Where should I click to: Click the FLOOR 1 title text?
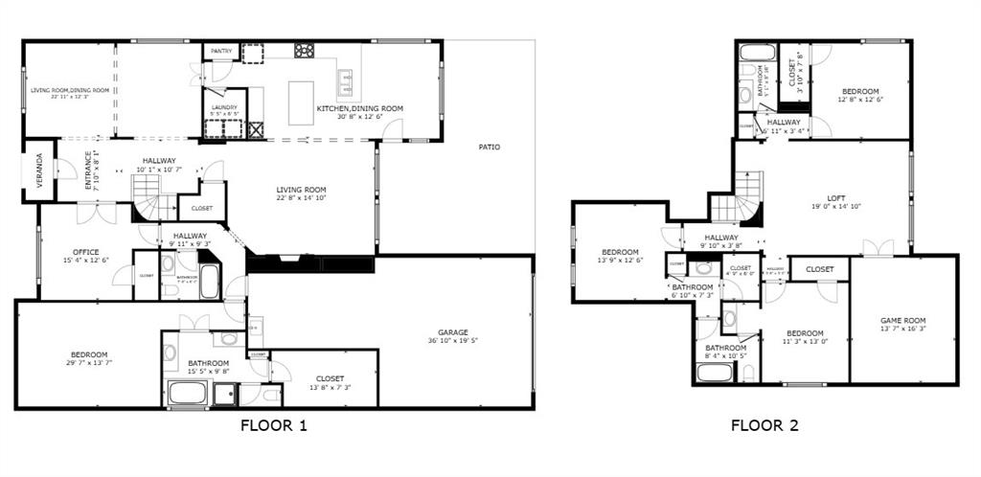coord(273,425)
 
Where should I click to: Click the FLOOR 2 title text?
coord(764,425)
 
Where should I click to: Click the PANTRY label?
coord(221,51)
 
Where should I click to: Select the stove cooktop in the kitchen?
coord(305,51)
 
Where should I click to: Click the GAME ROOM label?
coord(903,320)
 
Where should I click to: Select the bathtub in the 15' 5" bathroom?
coord(188,392)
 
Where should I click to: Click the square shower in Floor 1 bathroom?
coord(225,392)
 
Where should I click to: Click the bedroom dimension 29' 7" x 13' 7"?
coord(87,363)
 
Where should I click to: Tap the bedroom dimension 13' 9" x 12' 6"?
coord(619,260)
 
